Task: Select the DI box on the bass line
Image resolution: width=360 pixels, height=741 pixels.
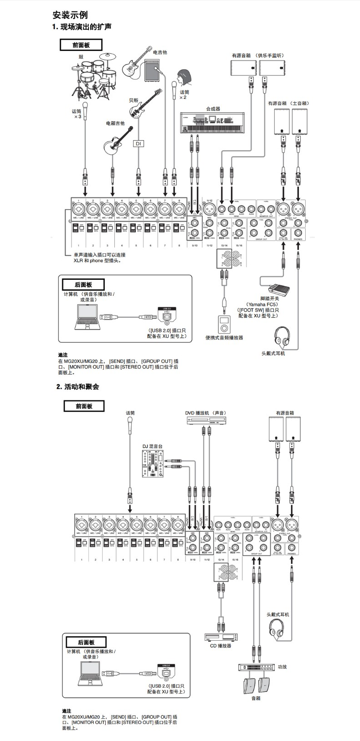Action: [x=138, y=143]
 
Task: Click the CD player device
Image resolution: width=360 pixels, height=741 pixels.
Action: [x=221, y=637]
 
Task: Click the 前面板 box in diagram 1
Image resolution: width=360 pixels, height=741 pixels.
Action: [x=81, y=45]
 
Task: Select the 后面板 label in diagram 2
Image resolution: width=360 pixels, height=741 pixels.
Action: [x=86, y=642]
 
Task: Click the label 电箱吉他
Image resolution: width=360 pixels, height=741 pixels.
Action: [x=115, y=123]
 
